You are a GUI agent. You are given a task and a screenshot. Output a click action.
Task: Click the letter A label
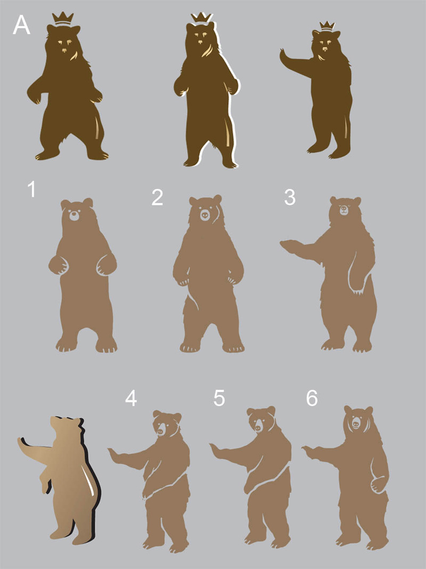pos(21,25)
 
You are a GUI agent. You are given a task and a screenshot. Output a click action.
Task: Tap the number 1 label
pos(32,189)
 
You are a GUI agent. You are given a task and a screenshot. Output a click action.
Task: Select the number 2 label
pos(157,197)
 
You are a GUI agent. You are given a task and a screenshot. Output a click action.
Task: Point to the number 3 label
pos(290,197)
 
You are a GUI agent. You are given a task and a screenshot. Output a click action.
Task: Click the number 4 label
pos(131,398)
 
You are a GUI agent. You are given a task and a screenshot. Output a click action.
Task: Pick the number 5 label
pos(219,398)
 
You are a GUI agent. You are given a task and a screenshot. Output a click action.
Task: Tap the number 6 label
pos(312,398)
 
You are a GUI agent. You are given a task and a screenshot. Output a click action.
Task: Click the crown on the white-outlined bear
pos(201,18)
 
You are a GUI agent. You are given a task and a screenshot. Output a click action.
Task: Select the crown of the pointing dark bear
pos(327,26)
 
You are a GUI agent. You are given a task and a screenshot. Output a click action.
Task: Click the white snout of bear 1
pos(74,215)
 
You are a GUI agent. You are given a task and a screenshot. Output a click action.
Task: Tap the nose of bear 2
pos(205,214)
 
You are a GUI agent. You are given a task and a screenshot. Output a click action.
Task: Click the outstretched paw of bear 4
pos(113,454)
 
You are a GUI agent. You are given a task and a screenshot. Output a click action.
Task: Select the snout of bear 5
pos(258,428)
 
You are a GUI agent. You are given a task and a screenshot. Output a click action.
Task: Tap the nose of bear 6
pos(356,423)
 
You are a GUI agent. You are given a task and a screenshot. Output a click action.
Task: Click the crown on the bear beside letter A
pos(63,19)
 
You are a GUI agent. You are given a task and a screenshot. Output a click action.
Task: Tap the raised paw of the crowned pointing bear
pos(284,56)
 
